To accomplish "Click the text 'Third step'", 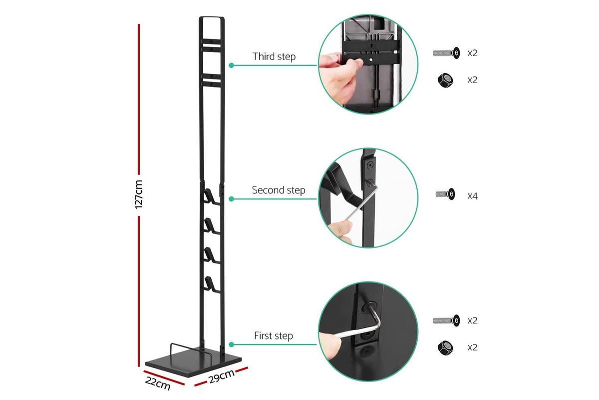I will tap(274, 56).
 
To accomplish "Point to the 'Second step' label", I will tap(278, 190).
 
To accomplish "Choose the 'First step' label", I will tap(273, 335).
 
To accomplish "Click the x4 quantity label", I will tap(472, 196).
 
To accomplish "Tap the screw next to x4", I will tap(446, 194).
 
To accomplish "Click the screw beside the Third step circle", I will tap(446, 52).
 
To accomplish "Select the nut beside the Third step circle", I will tap(445, 79).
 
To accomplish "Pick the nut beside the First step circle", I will tap(445, 347).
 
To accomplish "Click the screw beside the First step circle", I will tap(446, 320).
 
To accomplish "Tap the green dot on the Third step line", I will tap(232, 65).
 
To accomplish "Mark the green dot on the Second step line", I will tap(232, 199).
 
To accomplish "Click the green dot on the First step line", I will tap(232, 344).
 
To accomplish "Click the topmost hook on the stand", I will tap(211, 195).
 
